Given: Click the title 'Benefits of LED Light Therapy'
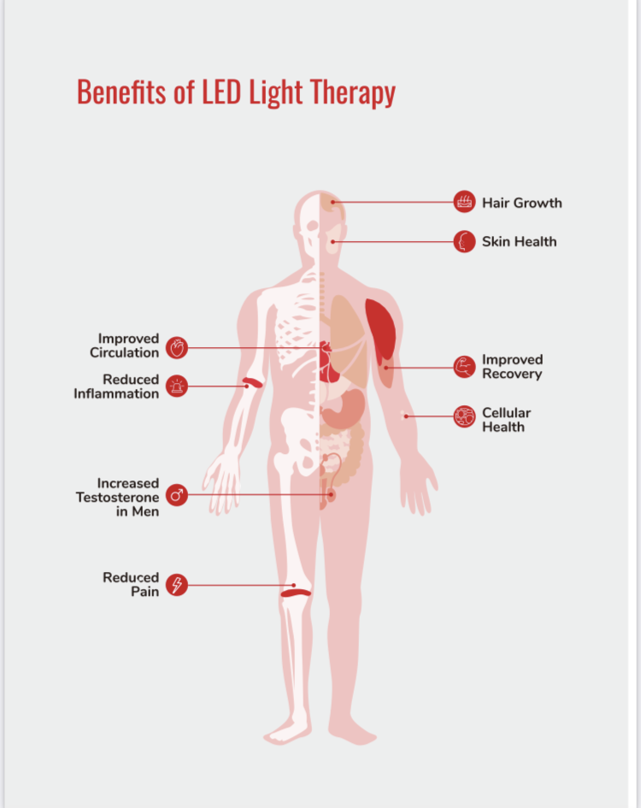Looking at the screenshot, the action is (236, 91).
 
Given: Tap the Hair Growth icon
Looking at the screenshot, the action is (464, 203).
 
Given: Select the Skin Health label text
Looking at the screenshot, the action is (519, 242).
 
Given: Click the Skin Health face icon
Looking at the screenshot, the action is (464, 242).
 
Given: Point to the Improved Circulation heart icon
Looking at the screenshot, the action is (176, 347).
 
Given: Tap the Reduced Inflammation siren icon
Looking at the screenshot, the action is (176, 386).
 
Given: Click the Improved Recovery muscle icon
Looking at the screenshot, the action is (464, 367).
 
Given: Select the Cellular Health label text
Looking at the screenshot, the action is (506, 419).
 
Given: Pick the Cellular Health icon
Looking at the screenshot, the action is (464, 416).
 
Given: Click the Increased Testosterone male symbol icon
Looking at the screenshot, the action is (176, 495).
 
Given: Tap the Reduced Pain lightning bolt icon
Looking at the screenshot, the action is (176, 585).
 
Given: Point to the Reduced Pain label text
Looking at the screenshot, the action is (131, 584).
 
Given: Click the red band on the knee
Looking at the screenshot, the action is (296, 590).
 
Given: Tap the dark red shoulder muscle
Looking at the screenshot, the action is (380, 329).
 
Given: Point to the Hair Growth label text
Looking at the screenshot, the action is (521, 203).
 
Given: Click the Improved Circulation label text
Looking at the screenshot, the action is (125, 346).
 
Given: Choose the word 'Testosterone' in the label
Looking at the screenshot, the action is (117, 498).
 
